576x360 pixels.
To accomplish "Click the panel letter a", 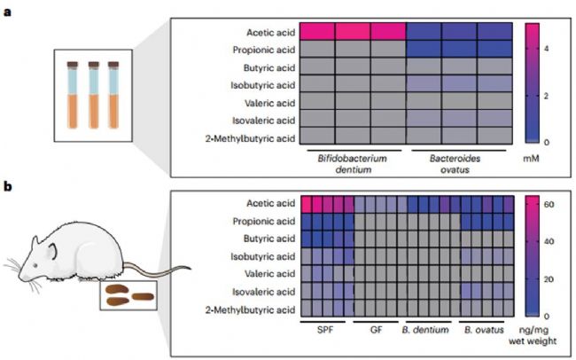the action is tap(8, 12).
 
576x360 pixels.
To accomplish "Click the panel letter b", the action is tap(8, 187).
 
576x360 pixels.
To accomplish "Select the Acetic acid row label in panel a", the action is tap(271, 32).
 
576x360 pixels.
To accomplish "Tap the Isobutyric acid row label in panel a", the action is tap(263, 85).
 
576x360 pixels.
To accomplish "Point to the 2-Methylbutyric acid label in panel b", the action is tap(250, 310).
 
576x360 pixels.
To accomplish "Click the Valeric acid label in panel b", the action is tap(270, 274).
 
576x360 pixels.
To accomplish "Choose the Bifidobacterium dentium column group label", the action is tap(353, 164).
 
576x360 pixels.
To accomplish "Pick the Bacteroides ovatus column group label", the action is tap(455, 164).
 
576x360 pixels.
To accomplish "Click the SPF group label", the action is tap(325, 330).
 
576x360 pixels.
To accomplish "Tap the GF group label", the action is tap(376, 330).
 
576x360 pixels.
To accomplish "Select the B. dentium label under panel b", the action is tap(425, 330).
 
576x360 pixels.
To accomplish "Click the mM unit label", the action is tap(531, 159).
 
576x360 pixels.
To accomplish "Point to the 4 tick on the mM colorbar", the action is tap(546, 48).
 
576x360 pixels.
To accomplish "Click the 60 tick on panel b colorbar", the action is tap(549, 205).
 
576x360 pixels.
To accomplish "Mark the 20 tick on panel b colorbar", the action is tap(549, 279).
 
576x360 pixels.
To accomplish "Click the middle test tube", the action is tap(94, 95).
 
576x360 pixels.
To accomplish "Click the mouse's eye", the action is tap(35, 265).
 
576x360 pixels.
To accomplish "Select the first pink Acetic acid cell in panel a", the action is tap(317, 31).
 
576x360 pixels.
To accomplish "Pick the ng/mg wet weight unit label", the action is tap(533, 335).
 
